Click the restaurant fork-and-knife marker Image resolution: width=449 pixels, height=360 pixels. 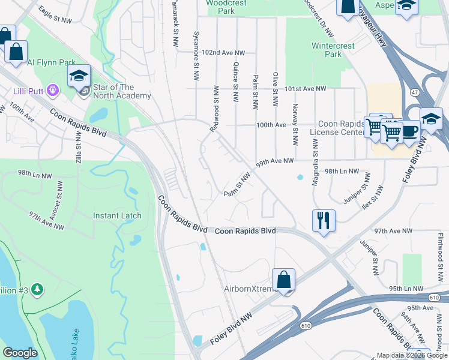pyautogui.click(x=324, y=220)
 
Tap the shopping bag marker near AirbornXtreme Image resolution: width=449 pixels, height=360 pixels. pyautogui.click(x=283, y=280)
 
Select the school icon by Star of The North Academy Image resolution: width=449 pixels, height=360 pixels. pyautogui.click(x=79, y=76)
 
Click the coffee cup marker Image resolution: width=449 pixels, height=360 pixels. pyautogui.click(x=410, y=130)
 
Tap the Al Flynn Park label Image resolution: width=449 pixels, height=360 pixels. pyautogui.click(x=51, y=62)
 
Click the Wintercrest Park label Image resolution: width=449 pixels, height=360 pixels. pyautogui.click(x=327, y=50)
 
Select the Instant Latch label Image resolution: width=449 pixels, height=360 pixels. pyautogui.click(x=117, y=215)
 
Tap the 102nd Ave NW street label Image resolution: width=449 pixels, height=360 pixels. pyautogui.click(x=224, y=53)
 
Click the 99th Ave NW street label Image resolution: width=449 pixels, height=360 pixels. pyautogui.click(x=274, y=161)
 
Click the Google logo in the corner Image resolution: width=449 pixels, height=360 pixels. pyautogui.click(x=20, y=353)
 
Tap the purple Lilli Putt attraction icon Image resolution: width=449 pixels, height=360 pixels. pyautogui.click(x=53, y=91)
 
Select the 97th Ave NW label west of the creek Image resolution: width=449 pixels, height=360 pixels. pyautogui.click(x=46, y=220)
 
